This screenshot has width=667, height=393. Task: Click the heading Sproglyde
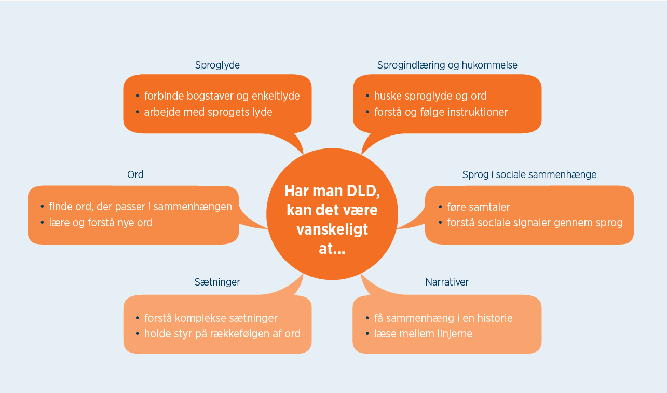coord(217,65)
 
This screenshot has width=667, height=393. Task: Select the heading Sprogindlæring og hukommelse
coord(447,65)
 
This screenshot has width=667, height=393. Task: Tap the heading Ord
coord(135,175)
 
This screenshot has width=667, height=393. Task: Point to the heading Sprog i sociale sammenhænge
coord(529,175)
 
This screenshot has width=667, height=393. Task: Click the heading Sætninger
coord(217,282)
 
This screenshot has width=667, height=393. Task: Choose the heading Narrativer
coord(447,282)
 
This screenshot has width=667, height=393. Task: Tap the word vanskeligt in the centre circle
coord(332,229)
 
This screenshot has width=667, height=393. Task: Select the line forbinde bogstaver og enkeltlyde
coord(222,96)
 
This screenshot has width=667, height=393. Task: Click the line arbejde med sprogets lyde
coord(208,112)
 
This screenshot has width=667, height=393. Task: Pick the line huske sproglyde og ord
coord(430,96)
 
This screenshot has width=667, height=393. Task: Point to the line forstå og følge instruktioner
coord(441,112)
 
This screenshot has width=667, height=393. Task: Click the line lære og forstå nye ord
coord(101,223)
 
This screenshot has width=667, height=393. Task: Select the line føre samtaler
coord(478,207)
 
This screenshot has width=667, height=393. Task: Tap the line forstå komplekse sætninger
coord(211,318)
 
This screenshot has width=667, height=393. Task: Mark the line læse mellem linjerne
coord(423,334)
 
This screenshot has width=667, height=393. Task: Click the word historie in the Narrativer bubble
coord(493,318)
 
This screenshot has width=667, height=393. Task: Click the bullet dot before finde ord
coord(42,207)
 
